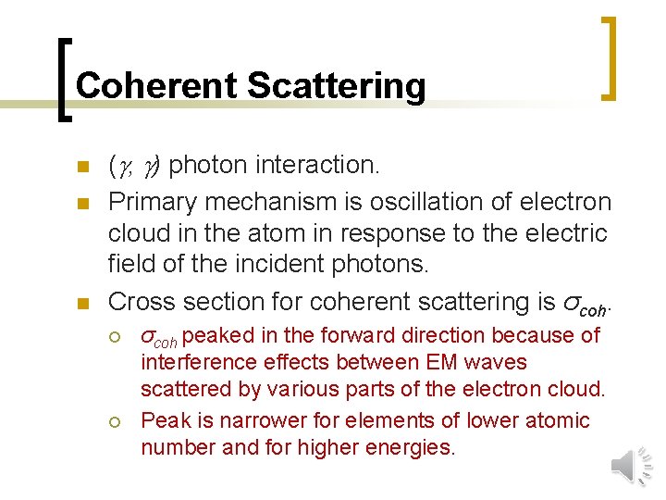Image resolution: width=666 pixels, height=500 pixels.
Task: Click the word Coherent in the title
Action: point(156,86)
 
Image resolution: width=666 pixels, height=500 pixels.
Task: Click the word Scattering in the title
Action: point(337,86)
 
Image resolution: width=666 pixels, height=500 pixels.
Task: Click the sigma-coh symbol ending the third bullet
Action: point(583,302)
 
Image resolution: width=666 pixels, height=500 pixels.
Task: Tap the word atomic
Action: point(556,420)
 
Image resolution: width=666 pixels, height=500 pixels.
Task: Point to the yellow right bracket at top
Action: point(609,57)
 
